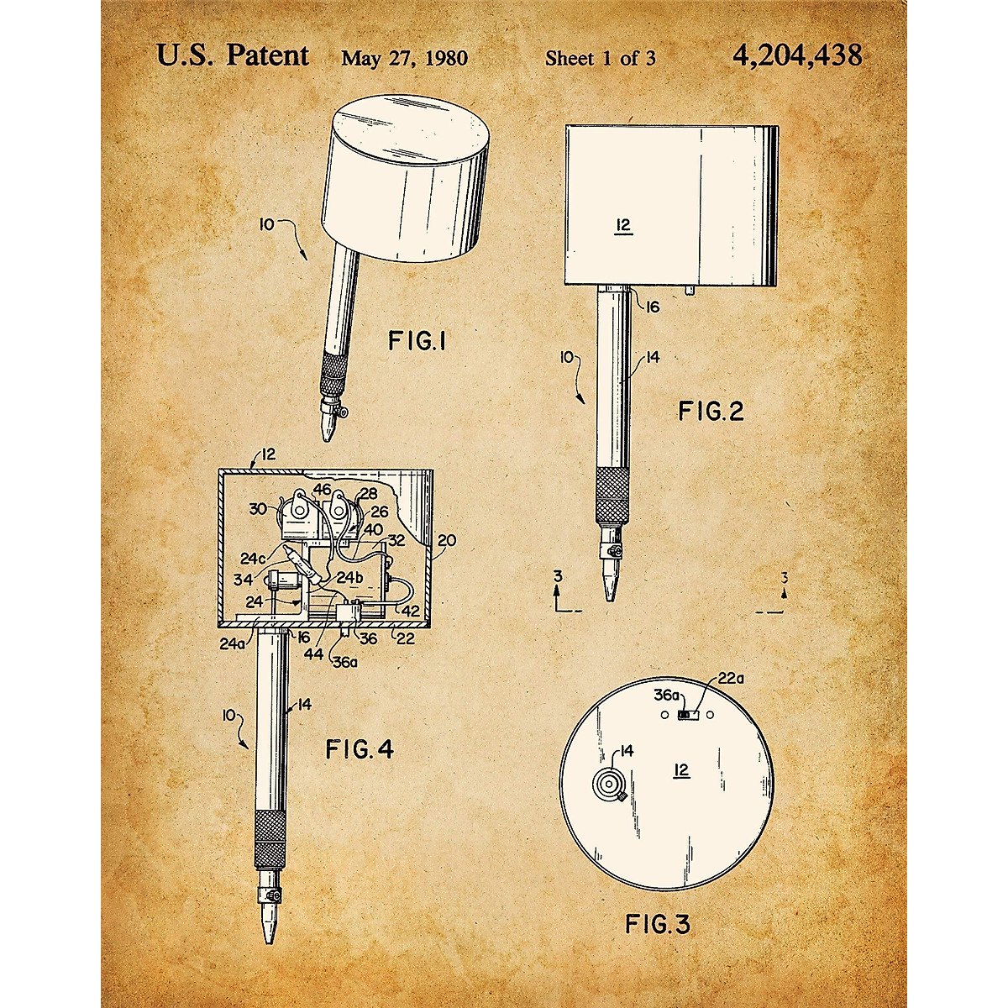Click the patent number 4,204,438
tap(797, 55)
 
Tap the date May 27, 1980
tap(404, 58)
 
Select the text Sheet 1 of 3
tap(600, 58)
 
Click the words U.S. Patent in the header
tap(233, 55)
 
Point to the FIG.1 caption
tap(418, 341)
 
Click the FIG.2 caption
tap(711, 412)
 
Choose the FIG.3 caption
tap(658, 925)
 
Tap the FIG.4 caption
tap(360, 749)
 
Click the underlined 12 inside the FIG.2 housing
tap(622, 225)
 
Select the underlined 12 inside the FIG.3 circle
tap(681, 770)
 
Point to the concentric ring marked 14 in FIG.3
tap(608, 785)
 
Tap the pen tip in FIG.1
tap(328, 428)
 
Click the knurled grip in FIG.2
tap(612, 494)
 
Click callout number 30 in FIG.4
tap(258, 509)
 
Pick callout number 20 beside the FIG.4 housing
tap(447, 540)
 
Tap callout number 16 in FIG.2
tap(652, 307)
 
